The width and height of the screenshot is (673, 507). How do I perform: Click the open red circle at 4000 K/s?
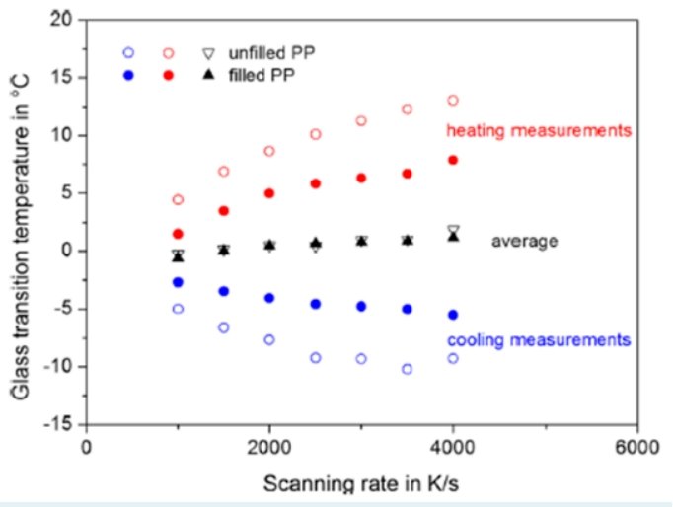click(x=453, y=101)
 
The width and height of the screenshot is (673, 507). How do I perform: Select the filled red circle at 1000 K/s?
click(x=178, y=234)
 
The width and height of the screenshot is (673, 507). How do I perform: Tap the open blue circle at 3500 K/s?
click(x=407, y=369)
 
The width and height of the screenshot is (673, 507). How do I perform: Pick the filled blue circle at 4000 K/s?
click(x=453, y=315)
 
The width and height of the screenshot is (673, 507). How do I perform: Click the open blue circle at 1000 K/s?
click(x=178, y=309)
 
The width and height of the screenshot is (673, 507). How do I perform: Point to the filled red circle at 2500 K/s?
click(x=316, y=183)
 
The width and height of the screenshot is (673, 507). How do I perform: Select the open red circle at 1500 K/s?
click(x=224, y=172)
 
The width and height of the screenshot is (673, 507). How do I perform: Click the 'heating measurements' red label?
click(x=539, y=130)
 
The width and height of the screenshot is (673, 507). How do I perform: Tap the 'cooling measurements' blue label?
click(x=538, y=340)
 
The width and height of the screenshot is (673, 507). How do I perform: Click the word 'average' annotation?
click(x=525, y=241)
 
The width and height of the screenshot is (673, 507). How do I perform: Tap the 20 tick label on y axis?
click(x=64, y=20)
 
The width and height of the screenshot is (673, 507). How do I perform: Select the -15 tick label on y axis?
click(x=61, y=425)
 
